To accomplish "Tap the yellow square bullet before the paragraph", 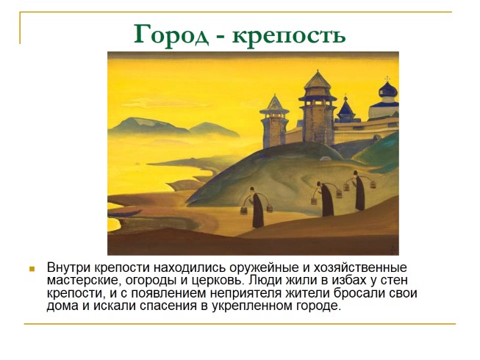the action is pos(32,269).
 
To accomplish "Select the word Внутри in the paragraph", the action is pos(68,267).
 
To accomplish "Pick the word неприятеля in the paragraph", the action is pos(246,293).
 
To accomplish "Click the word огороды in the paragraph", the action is pos(152,281).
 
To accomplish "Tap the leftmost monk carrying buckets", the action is pos(257,207).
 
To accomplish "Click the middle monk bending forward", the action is pos(326,199).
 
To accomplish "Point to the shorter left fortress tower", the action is pos(274,122).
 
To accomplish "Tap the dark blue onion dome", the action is pos(388,90).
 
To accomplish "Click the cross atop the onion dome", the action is pos(387,79).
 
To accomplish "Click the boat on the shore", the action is pos(123,212).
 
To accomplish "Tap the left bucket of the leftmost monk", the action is pos(244,210).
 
